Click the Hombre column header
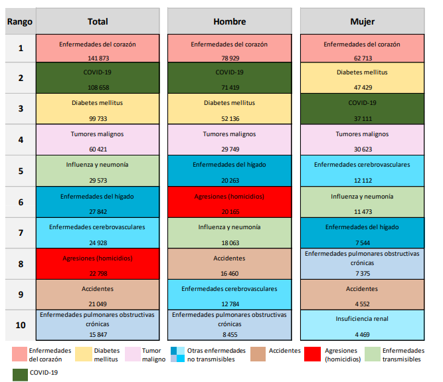click(229, 21)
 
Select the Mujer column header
click(362, 21)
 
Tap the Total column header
click(97, 21)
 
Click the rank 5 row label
click(20, 171)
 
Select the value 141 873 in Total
click(97, 57)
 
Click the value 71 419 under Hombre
click(229, 87)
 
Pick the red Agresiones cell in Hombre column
click(229, 201)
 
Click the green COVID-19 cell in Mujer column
click(362, 108)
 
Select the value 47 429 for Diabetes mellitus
click(362, 87)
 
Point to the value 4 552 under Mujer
click(362, 302)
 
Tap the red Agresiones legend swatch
click(313, 354)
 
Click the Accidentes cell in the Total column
click(97, 294)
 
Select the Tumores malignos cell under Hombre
click(229, 139)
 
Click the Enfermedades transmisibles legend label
click(402, 355)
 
